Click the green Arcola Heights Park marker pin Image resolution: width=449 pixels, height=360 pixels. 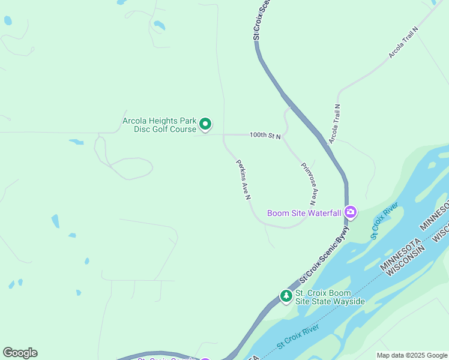pyautogui.click(x=205, y=124)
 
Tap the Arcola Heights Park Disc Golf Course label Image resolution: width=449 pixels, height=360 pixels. pyautogui.click(x=160, y=125)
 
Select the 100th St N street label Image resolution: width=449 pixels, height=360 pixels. pyautogui.click(x=266, y=136)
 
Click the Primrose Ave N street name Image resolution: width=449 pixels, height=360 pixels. pyautogui.click(x=309, y=184)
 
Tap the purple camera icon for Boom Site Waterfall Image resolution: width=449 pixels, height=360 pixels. pyautogui.click(x=351, y=212)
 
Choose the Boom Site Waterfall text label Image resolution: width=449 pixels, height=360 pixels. pyautogui.click(x=304, y=213)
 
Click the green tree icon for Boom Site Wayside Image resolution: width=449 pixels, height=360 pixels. pyautogui.click(x=286, y=296)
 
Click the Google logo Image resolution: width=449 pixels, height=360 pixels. pyautogui.click(x=20, y=353)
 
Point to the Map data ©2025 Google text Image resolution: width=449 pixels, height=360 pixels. pyautogui.click(x=412, y=355)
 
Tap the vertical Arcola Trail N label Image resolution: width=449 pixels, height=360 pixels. pyautogui.click(x=334, y=124)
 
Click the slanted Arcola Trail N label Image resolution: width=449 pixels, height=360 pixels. pyautogui.click(x=403, y=42)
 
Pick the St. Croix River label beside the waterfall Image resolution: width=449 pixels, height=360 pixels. pyautogui.click(x=384, y=221)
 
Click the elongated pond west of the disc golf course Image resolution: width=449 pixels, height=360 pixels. pyautogui.click(x=76, y=142)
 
